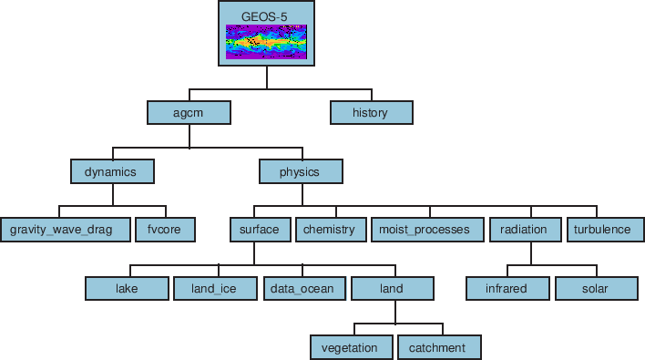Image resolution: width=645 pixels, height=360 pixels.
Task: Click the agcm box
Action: [x=189, y=112]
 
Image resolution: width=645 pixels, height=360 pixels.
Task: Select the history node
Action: [x=371, y=112]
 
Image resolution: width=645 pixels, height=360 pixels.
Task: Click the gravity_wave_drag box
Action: [x=63, y=230]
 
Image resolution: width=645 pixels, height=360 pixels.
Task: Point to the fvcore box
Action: [x=165, y=230]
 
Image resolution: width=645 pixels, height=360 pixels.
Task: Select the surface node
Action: [x=260, y=230]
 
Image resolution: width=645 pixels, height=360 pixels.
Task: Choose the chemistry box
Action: [x=330, y=230]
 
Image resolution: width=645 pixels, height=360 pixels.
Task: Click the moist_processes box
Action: [x=425, y=230]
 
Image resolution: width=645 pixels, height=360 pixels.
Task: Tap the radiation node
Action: [x=524, y=230]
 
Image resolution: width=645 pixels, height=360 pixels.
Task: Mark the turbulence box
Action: [x=602, y=230]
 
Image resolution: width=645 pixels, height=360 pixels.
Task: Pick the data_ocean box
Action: [x=304, y=289]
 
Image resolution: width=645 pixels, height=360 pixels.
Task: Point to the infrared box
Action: [x=508, y=289]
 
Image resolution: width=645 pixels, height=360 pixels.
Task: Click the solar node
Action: [x=595, y=289]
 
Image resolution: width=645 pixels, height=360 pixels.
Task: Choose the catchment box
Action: [x=438, y=347]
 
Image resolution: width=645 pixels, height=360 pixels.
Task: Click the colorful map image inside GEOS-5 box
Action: [x=266, y=42]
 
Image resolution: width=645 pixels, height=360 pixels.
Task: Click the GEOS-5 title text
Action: [x=266, y=15]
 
